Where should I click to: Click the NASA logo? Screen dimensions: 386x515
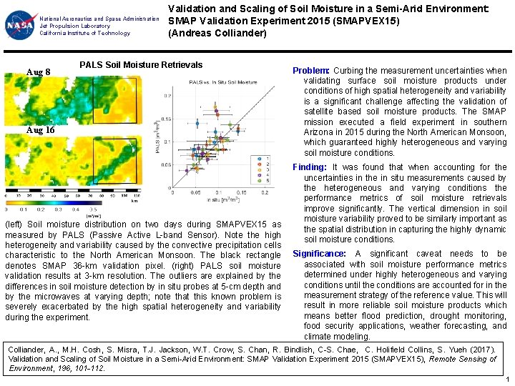[19, 26]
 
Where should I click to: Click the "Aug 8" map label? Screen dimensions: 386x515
[38, 72]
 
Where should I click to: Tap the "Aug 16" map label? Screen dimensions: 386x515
[40, 130]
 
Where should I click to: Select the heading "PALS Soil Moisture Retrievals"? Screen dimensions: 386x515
[141, 65]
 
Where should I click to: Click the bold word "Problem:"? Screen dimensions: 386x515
[311, 71]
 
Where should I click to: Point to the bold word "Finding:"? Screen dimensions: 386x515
[310, 167]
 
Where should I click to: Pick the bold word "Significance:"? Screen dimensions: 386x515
[320, 254]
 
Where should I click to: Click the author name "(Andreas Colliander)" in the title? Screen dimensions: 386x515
[217, 33]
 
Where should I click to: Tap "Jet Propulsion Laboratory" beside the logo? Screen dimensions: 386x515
[74, 26]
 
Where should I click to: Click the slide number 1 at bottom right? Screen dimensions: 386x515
[506, 380]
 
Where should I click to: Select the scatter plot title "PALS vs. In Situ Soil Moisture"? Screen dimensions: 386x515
[223, 83]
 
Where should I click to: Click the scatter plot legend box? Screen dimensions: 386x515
[262, 170]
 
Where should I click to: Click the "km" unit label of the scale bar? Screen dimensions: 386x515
[134, 201]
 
